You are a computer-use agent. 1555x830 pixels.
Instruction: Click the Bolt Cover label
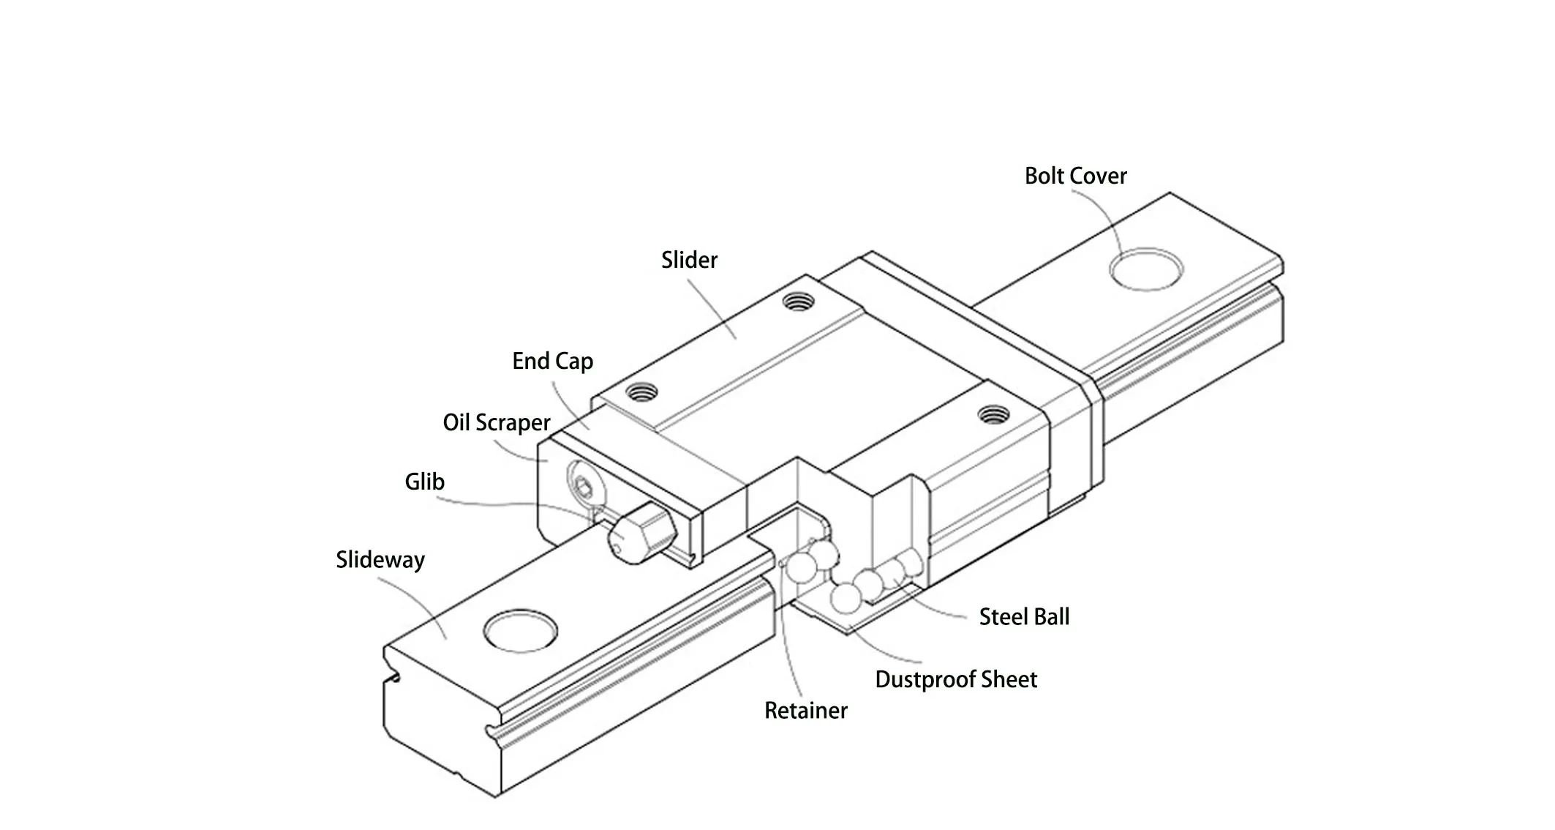(x=1075, y=176)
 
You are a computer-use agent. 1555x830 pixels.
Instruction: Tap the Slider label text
(x=689, y=260)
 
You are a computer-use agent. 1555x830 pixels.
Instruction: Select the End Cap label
(x=552, y=361)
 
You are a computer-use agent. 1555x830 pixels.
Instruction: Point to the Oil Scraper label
(x=496, y=422)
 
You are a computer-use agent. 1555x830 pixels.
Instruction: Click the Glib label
(x=424, y=482)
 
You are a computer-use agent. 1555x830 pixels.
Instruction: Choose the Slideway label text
(x=380, y=560)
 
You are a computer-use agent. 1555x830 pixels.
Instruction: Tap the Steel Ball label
(x=1024, y=617)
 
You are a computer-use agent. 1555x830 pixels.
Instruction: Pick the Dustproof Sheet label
(x=956, y=680)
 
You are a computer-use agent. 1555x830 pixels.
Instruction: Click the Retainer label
(x=805, y=711)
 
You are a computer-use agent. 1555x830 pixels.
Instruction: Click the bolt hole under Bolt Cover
(x=1146, y=269)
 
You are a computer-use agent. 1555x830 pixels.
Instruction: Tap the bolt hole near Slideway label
(x=521, y=631)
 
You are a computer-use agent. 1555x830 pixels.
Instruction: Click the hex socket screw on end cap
(x=583, y=486)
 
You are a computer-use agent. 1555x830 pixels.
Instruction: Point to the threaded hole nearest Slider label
(x=798, y=301)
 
